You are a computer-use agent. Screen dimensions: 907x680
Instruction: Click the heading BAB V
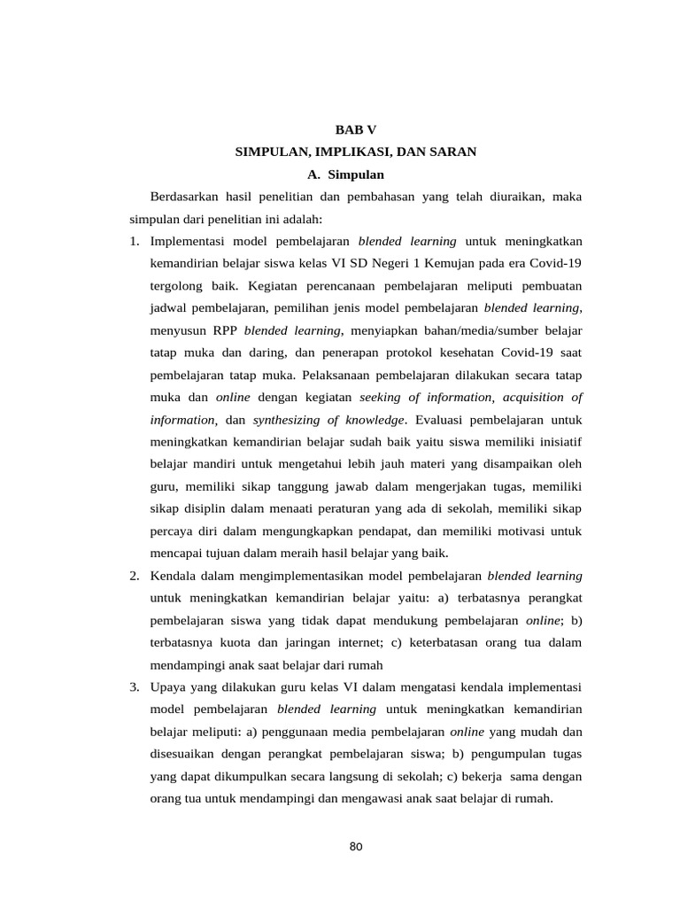[x=355, y=129]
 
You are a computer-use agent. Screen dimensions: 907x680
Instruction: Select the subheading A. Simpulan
[x=346, y=175]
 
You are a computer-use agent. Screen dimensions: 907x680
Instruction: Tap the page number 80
[x=356, y=847]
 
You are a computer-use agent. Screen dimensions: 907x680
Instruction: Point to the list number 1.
[x=133, y=241]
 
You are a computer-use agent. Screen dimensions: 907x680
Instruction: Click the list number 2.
[x=133, y=576]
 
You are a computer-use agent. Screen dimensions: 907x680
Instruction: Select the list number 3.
[x=133, y=687]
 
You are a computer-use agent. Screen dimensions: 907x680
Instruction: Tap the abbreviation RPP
[x=224, y=330]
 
